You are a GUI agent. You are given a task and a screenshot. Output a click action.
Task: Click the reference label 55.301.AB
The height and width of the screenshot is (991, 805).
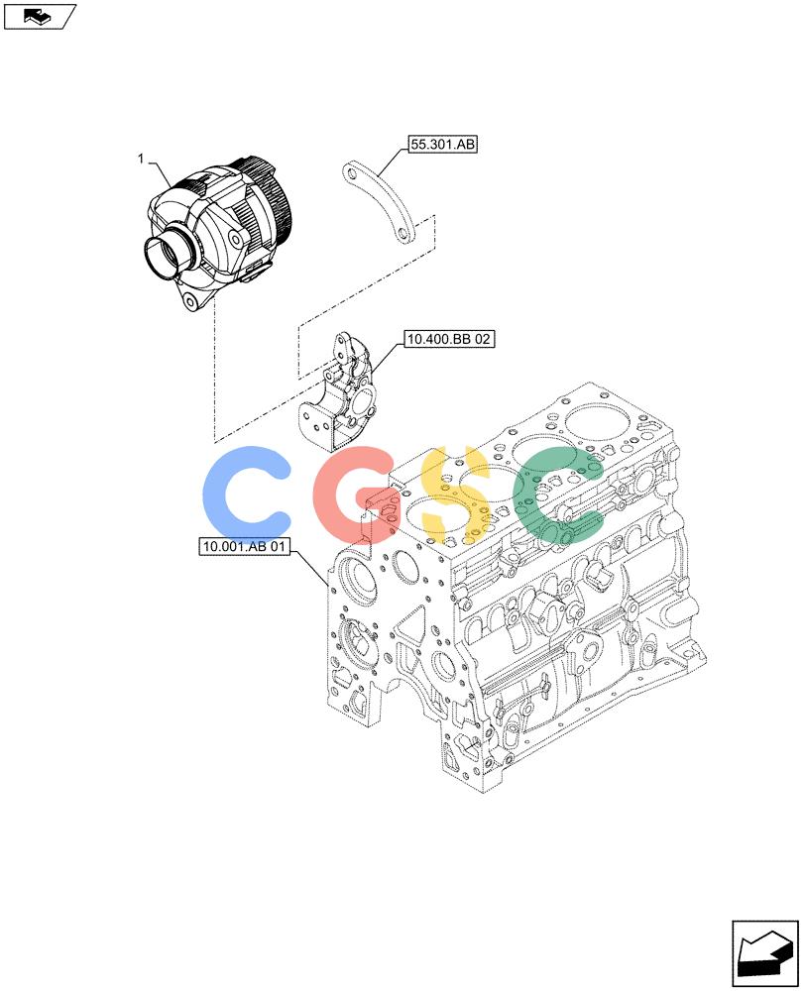point(442,144)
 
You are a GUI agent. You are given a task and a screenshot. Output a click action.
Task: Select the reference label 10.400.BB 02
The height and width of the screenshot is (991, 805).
point(448,339)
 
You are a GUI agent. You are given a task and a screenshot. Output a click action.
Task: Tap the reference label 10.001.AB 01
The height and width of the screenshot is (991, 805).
point(244,546)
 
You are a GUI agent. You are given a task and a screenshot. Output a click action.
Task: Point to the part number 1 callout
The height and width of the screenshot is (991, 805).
point(141,159)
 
